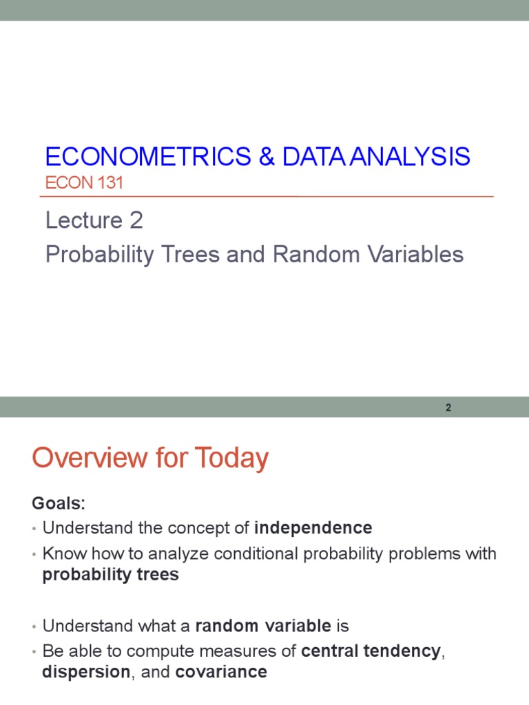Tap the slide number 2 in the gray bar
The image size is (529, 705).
448,408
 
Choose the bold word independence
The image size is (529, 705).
313,528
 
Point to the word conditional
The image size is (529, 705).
246,554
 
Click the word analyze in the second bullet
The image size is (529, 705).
158,554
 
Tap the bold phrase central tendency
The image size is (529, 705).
371,651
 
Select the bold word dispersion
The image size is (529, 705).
86,672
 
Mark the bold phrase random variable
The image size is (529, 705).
263,626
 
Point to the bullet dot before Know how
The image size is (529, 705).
34,554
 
